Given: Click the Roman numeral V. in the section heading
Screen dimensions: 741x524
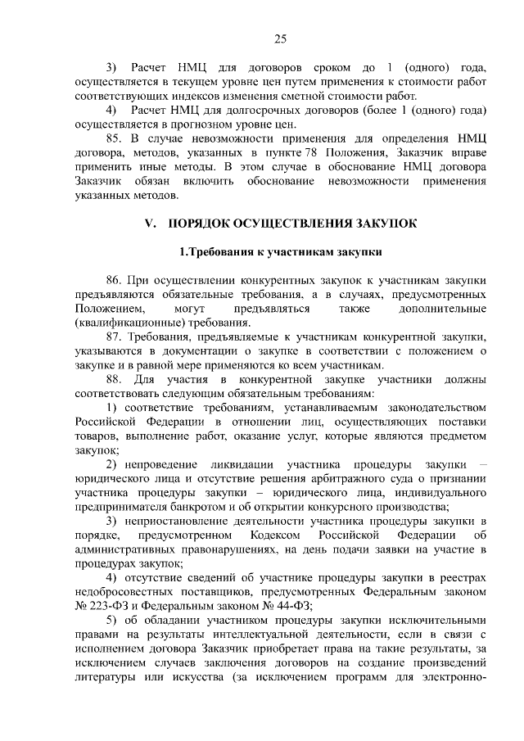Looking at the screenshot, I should pos(150,223).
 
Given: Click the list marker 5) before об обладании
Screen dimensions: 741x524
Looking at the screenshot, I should pos(112,620).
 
